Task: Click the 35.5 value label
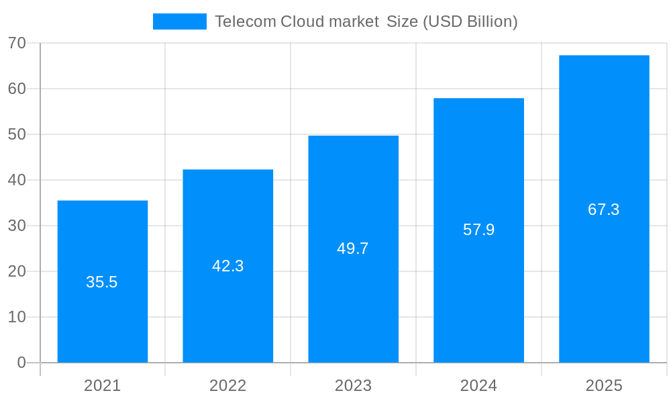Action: (102, 282)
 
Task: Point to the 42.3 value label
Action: (228, 266)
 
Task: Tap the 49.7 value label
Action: (353, 249)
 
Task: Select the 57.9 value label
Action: (478, 230)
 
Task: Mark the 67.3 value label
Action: (604, 210)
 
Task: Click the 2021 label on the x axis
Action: (103, 386)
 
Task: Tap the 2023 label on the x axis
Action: (354, 386)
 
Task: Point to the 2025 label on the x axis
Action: (604, 386)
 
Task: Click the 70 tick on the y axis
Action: (17, 43)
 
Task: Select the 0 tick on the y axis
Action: (21, 363)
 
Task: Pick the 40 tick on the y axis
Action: (17, 180)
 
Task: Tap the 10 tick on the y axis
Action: (17, 317)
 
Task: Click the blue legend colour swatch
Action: (180, 21)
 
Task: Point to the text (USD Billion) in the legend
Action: (470, 21)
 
